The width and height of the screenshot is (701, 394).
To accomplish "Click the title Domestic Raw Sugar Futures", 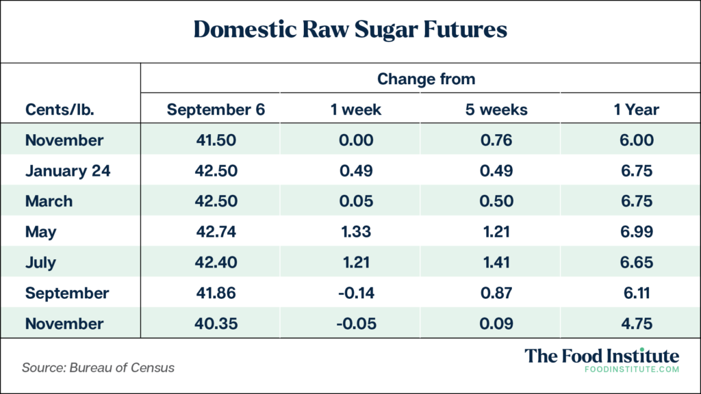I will pos(350,29).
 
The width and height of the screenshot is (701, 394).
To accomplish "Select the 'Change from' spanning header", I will pos(426,79).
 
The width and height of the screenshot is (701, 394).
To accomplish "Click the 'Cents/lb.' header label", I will pos(60,109).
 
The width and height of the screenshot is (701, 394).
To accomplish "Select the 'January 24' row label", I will pos(68,171).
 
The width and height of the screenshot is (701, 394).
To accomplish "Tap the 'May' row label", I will pos(41,232).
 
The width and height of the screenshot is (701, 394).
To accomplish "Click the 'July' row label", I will pos(41,263).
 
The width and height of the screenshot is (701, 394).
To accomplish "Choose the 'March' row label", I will pos(49,202).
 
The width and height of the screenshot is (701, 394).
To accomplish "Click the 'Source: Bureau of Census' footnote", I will pos(99,367).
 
